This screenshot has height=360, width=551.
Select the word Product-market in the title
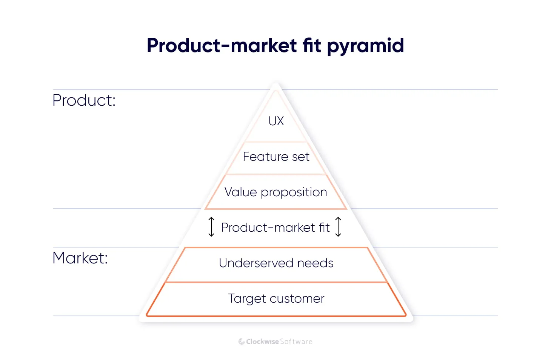click(x=222, y=46)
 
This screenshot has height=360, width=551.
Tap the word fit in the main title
click(x=311, y=45)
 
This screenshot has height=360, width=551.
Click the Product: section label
click(x=84, y=100)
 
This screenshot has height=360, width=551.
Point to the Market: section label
click(x=80, y=258)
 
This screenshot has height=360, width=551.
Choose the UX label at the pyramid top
click(x=276, y=121)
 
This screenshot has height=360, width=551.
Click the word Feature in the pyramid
click(x=265, y=157)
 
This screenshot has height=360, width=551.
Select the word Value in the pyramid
click(x=240, y=192)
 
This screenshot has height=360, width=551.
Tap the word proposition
click(x=294, y=192)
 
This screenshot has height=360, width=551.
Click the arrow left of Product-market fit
click(x=211, y=227)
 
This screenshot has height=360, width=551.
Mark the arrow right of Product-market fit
click(x=339, y=227)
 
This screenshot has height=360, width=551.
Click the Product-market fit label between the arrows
click(x=275, y=228)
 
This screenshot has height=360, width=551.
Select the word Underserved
click(x=256, y=263)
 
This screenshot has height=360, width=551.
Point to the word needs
click(x=315, y=263)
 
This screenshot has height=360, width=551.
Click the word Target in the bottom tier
click(x=247, y=298)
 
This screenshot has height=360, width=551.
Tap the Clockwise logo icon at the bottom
click(x=242, y=342)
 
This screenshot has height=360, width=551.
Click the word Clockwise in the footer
click(x=262, y=342)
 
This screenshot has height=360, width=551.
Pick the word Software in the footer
click(x=296, y=342)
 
